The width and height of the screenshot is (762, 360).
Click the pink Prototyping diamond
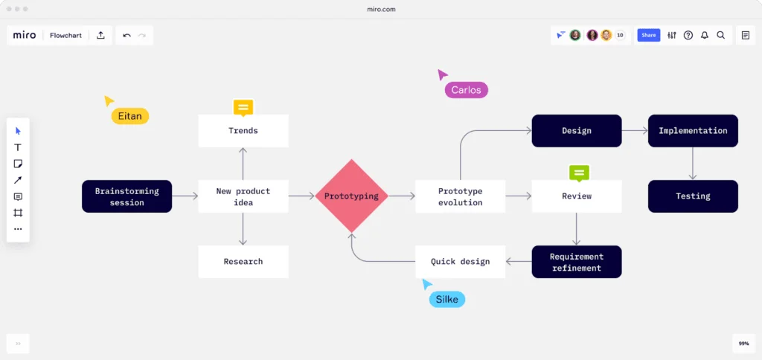click(x=351, y=196)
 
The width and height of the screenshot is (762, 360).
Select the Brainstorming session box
click(x=127, y=196)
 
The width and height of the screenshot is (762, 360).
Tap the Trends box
click(x=243, y=130)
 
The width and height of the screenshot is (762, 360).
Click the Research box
click(x=243, y=262)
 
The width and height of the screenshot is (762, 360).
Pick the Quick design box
click(x=460, y=262)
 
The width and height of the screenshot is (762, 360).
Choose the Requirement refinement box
click(x=577, y=262)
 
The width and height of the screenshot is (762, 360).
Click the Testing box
click(x=693, y=196)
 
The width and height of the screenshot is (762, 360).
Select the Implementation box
click(x=693, y=130)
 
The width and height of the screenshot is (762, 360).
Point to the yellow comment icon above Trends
click(x=243, y=108)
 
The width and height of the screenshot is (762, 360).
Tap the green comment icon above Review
click(x=580, y=173)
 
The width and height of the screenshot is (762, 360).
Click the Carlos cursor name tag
click(x=466, y=90)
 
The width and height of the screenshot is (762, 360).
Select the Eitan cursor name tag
click(x=130, y=116)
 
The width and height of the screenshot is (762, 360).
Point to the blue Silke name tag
click(x=446, y=299)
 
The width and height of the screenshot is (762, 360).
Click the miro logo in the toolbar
click(x=25, y=35)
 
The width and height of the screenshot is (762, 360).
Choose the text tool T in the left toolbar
click(x=19, y=147)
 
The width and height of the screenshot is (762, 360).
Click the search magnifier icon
click(x=721, y=35)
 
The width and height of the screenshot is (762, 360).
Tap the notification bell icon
click(x=705, y=35)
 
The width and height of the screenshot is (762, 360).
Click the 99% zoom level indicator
click(x=743, y=344)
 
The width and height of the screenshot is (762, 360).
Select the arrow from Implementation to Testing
click(x=693, y=163)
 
